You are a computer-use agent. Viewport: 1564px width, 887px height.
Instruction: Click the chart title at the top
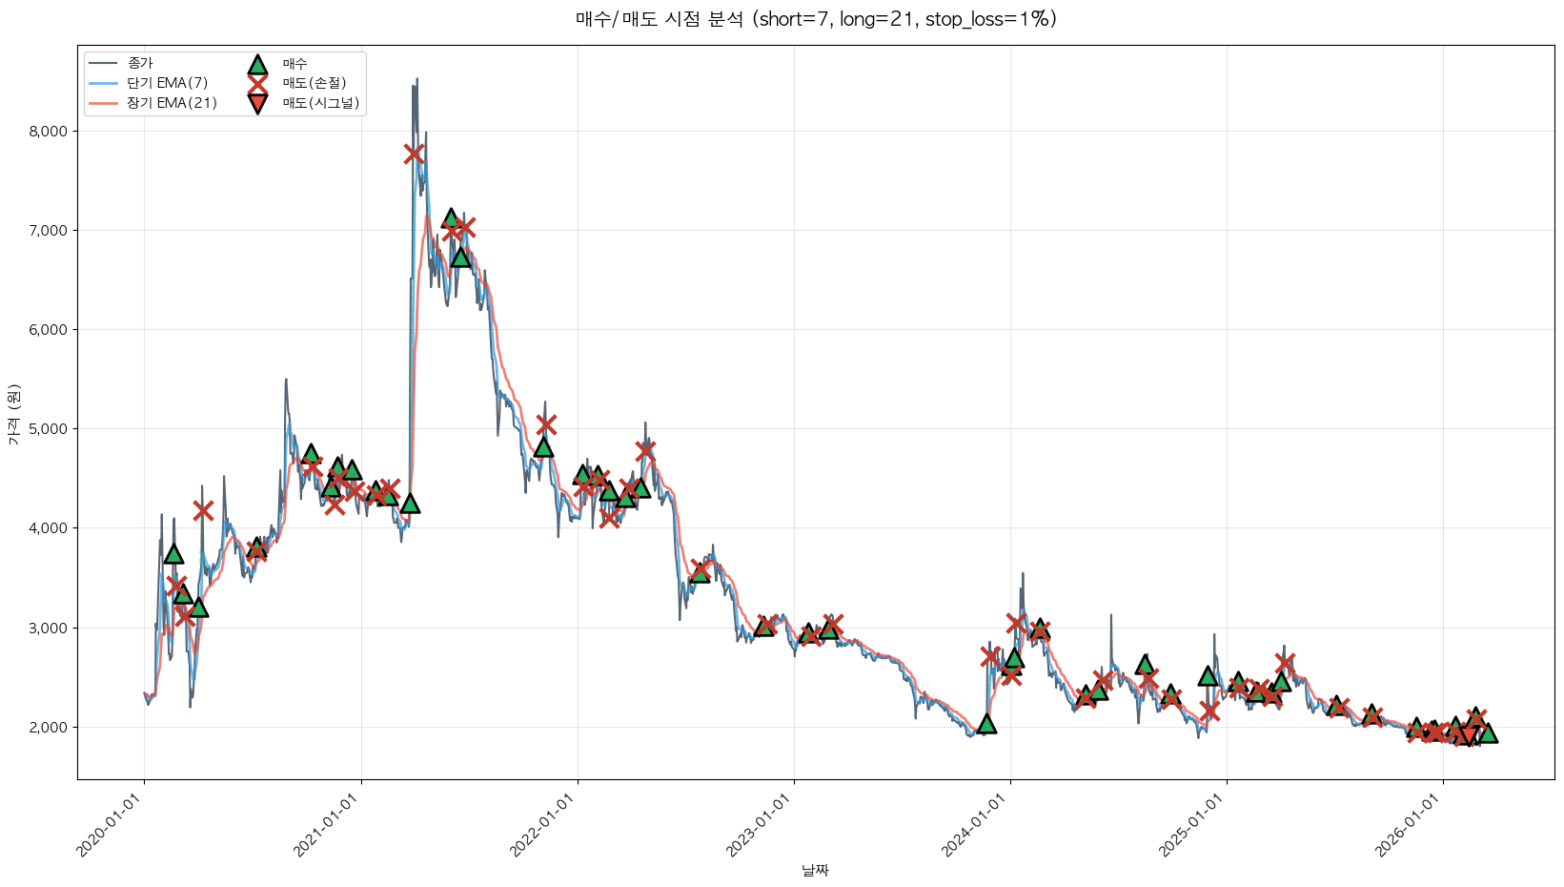coord(816,19)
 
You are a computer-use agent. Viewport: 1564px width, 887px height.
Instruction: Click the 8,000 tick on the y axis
coord(49,132)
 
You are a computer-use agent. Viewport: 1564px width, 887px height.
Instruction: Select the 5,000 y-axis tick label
coord(49,429)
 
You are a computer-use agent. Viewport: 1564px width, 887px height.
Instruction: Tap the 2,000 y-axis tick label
coord(49,728)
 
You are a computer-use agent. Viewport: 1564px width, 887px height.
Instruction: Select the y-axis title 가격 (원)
coord(13,414)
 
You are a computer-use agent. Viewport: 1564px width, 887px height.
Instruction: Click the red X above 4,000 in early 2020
coord(203,510)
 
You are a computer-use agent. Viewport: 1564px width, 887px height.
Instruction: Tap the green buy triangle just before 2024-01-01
coord(986,724)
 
